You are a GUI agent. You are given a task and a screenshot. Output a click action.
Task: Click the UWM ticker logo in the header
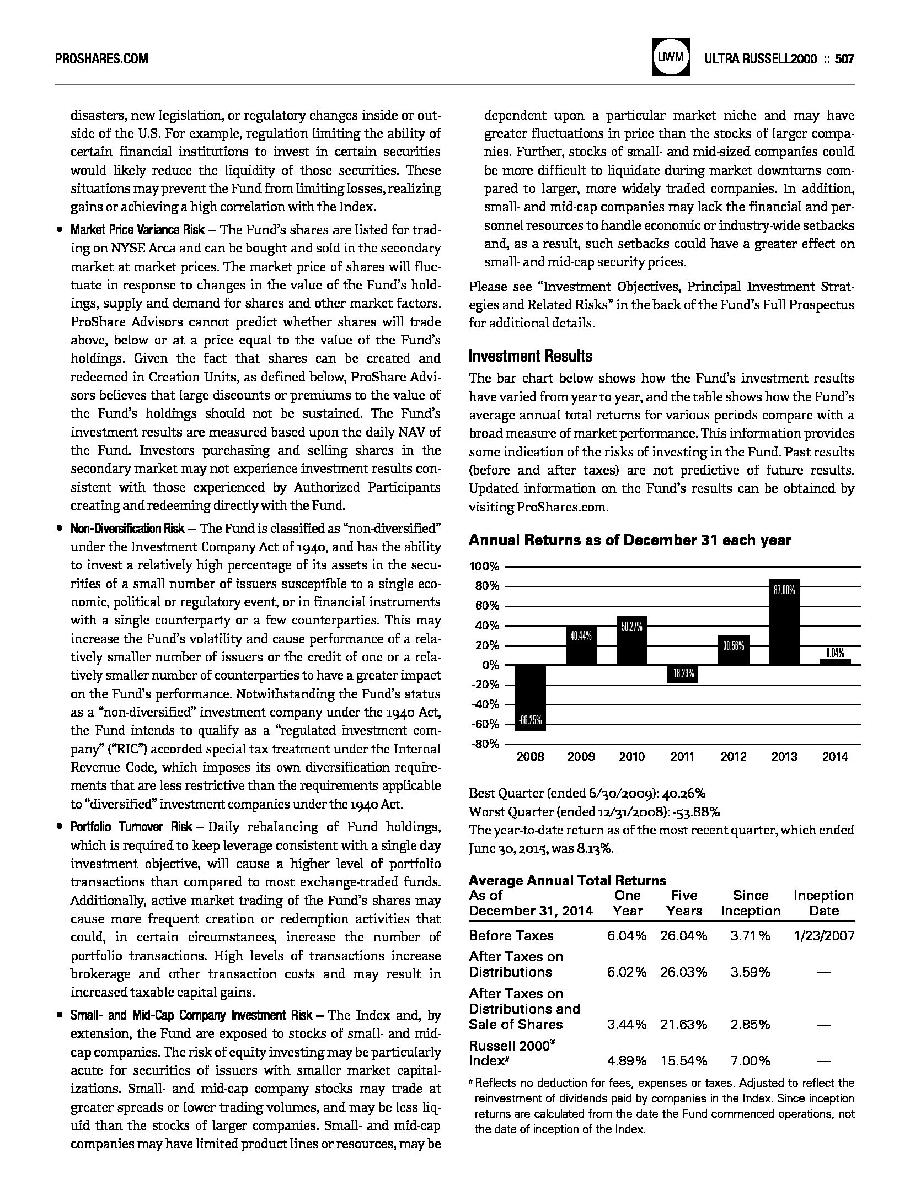(671, 57)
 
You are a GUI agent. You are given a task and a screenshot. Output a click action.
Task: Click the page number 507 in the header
(844, 58)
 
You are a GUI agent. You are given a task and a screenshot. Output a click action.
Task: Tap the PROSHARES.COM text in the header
(101, 59)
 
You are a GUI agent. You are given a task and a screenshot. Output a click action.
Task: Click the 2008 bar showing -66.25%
(530, 697)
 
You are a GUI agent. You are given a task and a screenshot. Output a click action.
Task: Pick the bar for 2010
(631, 640)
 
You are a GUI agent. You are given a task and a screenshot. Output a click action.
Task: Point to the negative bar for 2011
(682, 674)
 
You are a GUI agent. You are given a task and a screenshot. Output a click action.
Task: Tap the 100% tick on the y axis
(484, 567)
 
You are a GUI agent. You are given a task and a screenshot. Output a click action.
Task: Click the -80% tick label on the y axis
(484, 744)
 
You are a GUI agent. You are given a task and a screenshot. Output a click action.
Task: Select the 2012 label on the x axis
(733, 757)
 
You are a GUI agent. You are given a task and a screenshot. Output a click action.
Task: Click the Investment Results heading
(530, 356)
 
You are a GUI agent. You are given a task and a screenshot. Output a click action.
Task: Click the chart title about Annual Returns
(629, 540)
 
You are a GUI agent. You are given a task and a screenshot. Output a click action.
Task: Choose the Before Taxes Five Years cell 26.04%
(683, 935)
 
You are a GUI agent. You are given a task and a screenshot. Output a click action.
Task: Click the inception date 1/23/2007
(823, 935)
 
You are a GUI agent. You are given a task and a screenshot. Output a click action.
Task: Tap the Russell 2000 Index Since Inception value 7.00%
(750, 1061)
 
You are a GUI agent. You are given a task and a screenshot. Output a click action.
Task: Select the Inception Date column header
(823, 903)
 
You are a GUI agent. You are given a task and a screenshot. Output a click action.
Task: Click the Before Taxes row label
(511, 935)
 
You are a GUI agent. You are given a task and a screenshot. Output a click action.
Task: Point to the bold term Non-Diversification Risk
(127, 529)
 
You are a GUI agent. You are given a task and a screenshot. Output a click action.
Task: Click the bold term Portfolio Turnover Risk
(131, 827)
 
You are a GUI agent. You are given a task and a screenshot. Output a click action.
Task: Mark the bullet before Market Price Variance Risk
(58, 230)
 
